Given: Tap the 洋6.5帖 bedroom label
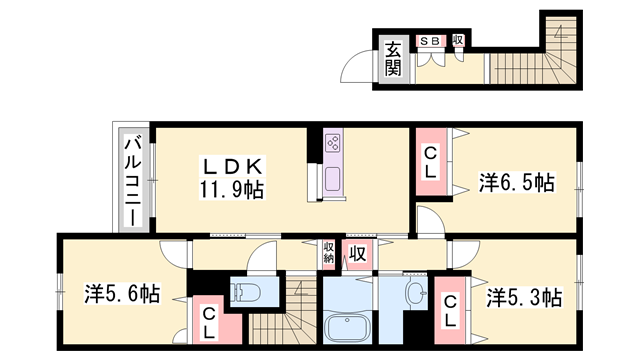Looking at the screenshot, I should (516, 183).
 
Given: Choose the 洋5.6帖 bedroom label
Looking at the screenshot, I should (121, 294).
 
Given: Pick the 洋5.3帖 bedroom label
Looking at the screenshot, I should (524, 297).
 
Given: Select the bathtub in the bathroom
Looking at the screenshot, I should (351, 327).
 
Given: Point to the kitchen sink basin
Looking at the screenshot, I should (333, 180).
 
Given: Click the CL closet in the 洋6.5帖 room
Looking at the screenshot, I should (430, 163).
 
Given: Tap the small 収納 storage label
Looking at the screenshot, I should (328, 252).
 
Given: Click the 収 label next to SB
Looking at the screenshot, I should (458, 40).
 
